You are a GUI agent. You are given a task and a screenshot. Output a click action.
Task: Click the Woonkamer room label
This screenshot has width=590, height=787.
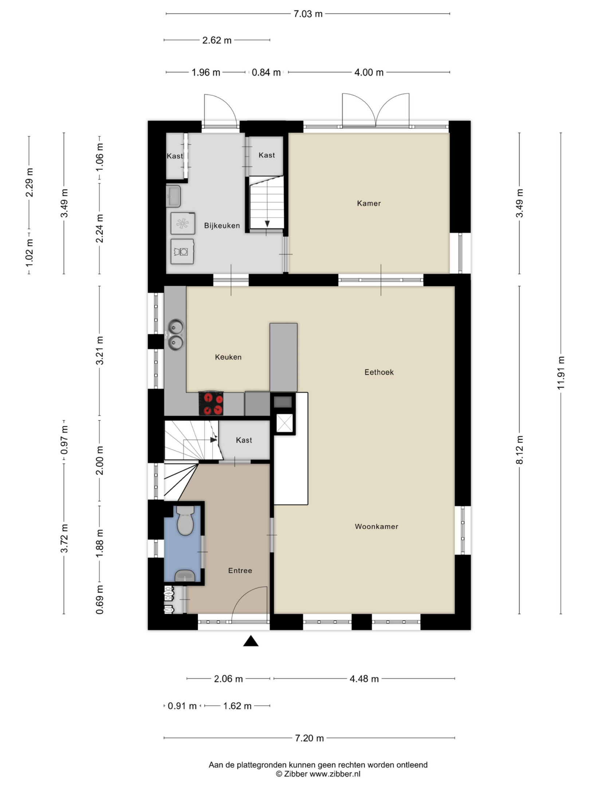pos(377,526)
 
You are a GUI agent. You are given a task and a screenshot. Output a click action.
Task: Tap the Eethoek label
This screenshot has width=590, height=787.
pos(379,372)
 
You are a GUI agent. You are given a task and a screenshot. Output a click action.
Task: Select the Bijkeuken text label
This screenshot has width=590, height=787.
pos(222,226)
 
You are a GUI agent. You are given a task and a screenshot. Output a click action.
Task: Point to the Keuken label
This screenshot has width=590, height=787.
pos(228,357)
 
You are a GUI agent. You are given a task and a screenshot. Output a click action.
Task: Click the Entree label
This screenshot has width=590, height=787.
pos(240,571)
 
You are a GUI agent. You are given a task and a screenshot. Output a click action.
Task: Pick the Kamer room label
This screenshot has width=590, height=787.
pos(369,203)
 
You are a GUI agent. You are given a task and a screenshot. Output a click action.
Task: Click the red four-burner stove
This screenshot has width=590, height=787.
pos(211,404)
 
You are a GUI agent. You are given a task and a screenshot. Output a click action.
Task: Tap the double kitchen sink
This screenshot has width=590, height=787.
pos(176,334)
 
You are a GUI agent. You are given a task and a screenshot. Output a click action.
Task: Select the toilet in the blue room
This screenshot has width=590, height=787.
pos(185,520)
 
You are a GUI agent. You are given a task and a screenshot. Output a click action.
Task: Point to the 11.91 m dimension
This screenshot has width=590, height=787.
pos(561,373)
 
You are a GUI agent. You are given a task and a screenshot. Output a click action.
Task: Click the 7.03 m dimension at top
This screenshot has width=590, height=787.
pos(308,14)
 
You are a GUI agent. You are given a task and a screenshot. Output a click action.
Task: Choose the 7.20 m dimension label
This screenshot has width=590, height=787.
pos(309,738)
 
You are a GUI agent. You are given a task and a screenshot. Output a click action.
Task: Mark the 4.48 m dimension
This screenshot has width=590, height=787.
pos(364,679)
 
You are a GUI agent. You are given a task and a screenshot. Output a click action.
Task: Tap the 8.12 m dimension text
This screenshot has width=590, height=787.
pos(520,450)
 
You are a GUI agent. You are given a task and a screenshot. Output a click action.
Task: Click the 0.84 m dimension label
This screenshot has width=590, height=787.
pos(266,73)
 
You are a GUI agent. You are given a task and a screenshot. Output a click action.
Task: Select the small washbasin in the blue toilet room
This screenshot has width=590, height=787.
pos(185,576)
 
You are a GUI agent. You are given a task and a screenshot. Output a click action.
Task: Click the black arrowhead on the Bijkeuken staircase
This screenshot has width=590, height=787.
pos(267,224)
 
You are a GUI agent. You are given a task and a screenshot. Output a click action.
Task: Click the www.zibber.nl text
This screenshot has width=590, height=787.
pos(335,774)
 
